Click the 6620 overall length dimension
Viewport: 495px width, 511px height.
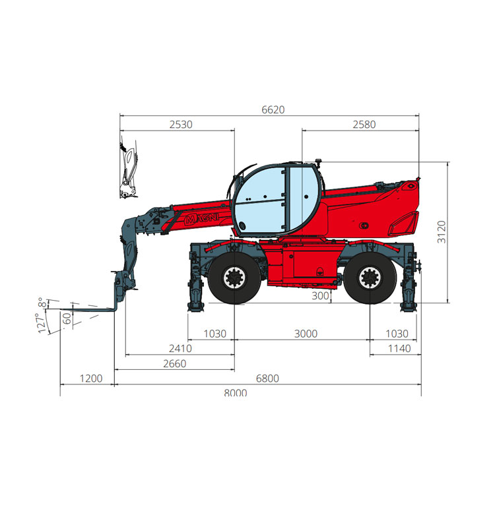click(x=273, y=110)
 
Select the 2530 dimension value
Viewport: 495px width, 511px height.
click(x=181, y=125)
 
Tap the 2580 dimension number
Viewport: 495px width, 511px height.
click(x=364, y=125)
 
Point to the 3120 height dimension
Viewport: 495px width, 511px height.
click(x=442, y=231)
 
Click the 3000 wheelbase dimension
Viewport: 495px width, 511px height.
click(x=306, y=334)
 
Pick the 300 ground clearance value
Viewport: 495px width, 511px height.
click(x=320, y=296)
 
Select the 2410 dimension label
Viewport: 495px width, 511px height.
click(x=180, y=348)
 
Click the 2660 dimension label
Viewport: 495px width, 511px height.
click(x=175, y=363)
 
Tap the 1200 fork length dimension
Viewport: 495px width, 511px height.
click(x=91, y=378)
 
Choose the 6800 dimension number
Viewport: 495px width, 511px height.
click(x=267, y=378)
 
